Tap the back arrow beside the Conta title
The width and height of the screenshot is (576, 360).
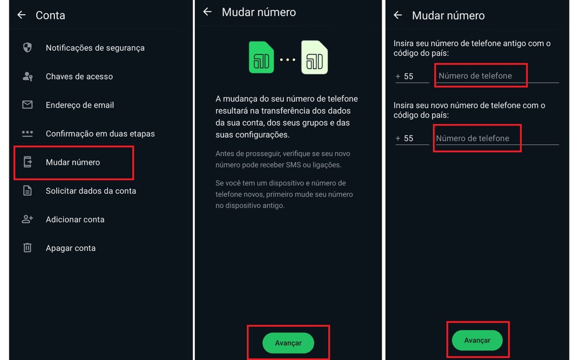(22, 15)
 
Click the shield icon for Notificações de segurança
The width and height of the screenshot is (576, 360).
(28, 47)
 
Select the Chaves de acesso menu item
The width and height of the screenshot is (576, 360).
(79, 76)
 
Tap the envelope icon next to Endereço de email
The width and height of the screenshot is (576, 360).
(28, 105)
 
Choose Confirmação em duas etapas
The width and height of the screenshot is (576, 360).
(100, 133)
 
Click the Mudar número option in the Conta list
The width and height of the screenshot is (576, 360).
(73, 162)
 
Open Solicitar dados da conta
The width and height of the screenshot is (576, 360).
(91, 191)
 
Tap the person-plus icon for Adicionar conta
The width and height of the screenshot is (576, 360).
(28, 220)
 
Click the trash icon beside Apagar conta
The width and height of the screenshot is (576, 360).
(28, 248)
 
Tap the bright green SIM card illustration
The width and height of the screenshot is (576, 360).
(261, 57)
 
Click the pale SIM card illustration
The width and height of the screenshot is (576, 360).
(314, 57)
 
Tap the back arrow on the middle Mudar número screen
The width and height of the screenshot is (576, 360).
(207, 12)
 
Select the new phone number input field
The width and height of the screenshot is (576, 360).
(478, 139)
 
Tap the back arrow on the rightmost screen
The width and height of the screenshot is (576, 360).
(398, 16)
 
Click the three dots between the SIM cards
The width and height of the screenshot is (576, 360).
(287, 60)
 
